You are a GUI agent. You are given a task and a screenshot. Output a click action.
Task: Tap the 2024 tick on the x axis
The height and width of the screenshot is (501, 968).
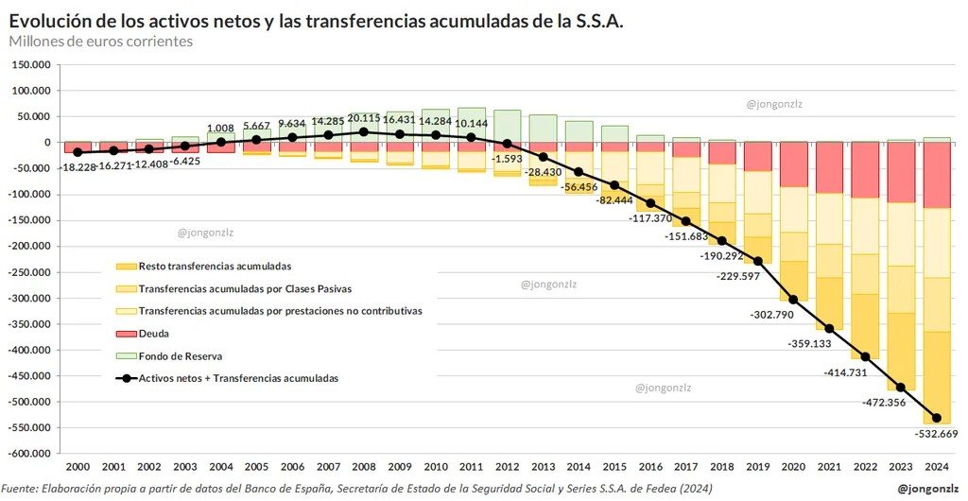937,466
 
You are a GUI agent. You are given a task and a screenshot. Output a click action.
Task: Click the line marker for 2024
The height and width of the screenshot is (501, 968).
937,418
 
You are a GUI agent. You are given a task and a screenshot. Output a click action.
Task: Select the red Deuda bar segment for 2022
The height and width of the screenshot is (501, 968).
865,170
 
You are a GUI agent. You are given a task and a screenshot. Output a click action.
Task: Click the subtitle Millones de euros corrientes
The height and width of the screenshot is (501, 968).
101,42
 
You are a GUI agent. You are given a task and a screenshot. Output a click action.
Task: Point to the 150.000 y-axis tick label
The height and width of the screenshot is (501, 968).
31,65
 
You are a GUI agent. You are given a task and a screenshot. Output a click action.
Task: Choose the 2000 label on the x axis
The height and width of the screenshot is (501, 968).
78,466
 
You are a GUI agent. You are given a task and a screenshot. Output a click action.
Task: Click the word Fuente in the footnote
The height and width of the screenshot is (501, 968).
21,489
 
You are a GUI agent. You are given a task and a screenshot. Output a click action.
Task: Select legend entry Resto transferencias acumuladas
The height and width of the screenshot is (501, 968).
215,267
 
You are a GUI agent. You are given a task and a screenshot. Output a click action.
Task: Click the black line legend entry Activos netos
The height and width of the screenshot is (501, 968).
238,378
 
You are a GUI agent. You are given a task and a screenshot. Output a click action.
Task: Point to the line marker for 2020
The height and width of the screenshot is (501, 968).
793,300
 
